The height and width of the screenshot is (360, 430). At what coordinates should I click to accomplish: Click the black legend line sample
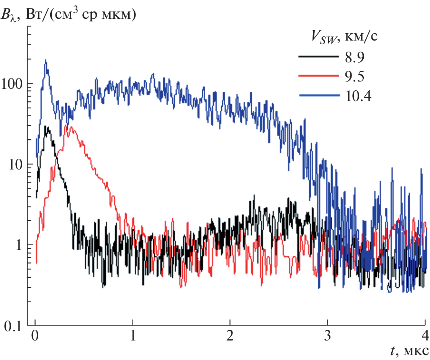click(x=319, y=57)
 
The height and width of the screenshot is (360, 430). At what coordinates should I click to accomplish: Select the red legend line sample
click(x=319, y=76)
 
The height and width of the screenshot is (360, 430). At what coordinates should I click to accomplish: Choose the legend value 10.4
click(x=358, y=96)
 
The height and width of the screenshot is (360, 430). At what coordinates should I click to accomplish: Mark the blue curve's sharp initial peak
click(x=46, y=60)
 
